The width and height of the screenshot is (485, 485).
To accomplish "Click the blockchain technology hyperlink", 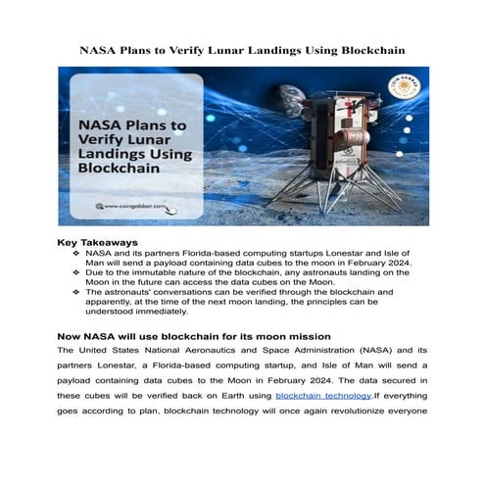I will (322, 394).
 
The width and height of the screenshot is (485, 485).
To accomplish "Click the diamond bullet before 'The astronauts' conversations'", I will (77, 292).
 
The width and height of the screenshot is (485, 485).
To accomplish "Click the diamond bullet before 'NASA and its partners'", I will (77, 252).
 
